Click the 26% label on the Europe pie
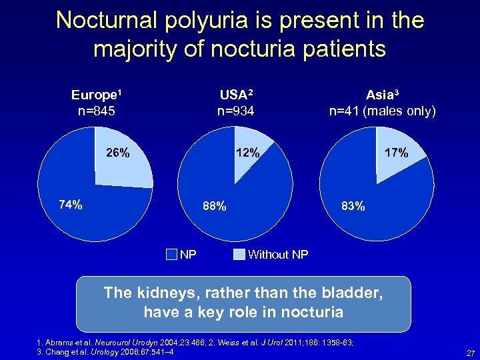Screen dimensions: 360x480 point(118,153)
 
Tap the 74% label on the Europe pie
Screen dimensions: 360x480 point(71,205)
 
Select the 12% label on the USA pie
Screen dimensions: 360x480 point(248,153)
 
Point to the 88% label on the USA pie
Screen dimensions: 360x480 point(215,206)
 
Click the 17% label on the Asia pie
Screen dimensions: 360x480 point(396,153)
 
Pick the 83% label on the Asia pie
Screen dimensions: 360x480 point(353,206)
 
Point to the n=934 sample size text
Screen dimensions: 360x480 point(235,111)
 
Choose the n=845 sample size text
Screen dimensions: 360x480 point(97,111)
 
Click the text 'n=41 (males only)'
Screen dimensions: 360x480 point(382,111)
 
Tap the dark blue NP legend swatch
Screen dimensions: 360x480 point(171,254)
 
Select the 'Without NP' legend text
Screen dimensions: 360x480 point(277,254)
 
